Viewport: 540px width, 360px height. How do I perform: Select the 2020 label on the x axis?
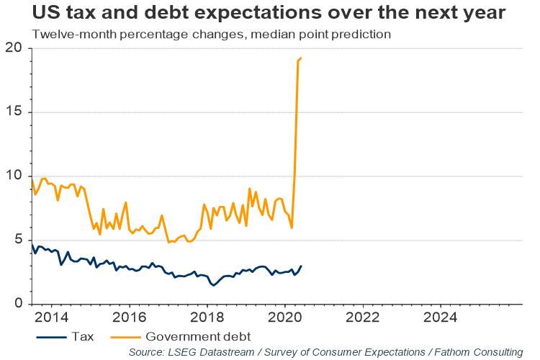click(285, 317)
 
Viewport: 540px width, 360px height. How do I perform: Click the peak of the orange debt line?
click(300, 58)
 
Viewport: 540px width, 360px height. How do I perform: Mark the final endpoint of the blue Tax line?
click(301, 266)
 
